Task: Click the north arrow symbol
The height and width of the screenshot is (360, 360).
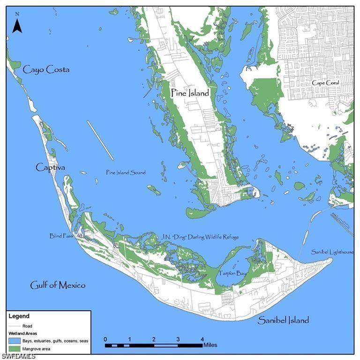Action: point(17,23)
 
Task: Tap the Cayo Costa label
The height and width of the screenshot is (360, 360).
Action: point(46,69)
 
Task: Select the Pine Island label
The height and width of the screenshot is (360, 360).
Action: point(189,93)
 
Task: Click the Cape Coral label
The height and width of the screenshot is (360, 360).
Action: point(326,83)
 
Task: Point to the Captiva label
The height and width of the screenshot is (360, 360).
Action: point(50,167)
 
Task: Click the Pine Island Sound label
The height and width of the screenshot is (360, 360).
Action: point(126,172)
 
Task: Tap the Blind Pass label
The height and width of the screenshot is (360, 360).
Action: point(61,236)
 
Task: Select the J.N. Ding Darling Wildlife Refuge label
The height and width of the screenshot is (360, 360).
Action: point(200,237)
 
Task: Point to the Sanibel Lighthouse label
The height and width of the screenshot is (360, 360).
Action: point(333,252)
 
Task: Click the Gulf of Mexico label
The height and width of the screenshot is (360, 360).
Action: point(58,285)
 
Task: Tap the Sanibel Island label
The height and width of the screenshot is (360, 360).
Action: point(283,320)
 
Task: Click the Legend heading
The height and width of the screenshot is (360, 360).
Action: point(20,316)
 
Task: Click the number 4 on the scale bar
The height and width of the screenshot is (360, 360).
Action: point(202,339)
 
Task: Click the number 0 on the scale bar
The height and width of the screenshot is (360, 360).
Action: point(105,339)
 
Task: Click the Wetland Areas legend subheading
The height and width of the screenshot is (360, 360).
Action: point(22,333)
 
